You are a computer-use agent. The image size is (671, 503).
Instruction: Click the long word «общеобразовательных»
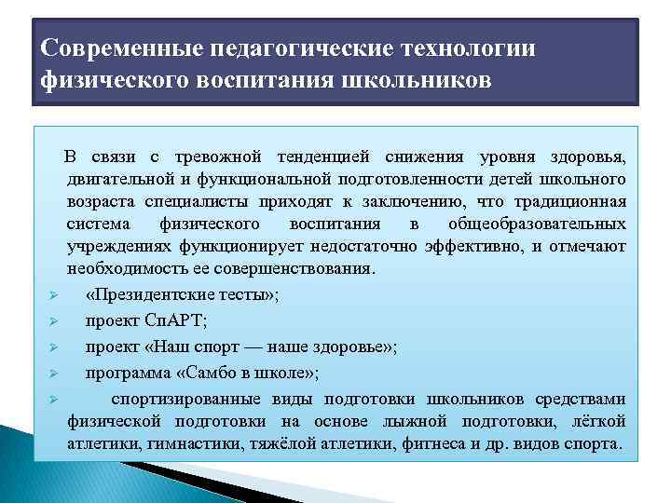click(x=537, y=224)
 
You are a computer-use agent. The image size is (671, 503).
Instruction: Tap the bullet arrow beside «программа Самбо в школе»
click(x=54, y=374)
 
